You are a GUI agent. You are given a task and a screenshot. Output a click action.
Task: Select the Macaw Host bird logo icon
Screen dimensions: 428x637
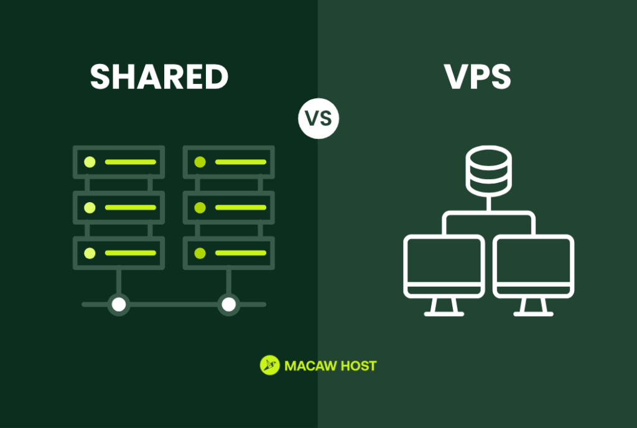click(x=269, y=365)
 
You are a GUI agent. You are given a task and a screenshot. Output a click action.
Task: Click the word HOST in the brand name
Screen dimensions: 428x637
click(x=359, y=366)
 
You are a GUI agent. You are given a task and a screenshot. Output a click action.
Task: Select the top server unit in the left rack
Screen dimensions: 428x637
click(x=119, y=162)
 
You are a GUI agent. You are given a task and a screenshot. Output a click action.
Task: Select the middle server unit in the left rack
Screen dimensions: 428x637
click(x=119, y=207)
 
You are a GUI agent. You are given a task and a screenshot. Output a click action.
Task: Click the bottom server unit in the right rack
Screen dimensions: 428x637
click(x=229, y=253)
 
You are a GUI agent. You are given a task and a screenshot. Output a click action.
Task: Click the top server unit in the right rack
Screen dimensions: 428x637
click(x=229, y=162)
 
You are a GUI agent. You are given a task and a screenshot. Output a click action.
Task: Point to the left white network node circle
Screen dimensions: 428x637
click(x=118, y=304)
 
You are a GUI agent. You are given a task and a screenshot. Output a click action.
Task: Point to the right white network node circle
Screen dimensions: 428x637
click(x=229, y=304)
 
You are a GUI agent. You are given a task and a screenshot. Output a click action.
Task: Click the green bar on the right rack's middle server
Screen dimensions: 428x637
click(x=240, y=207)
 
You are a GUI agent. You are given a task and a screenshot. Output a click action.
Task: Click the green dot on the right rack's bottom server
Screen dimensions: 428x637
click(x=200, y=253)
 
